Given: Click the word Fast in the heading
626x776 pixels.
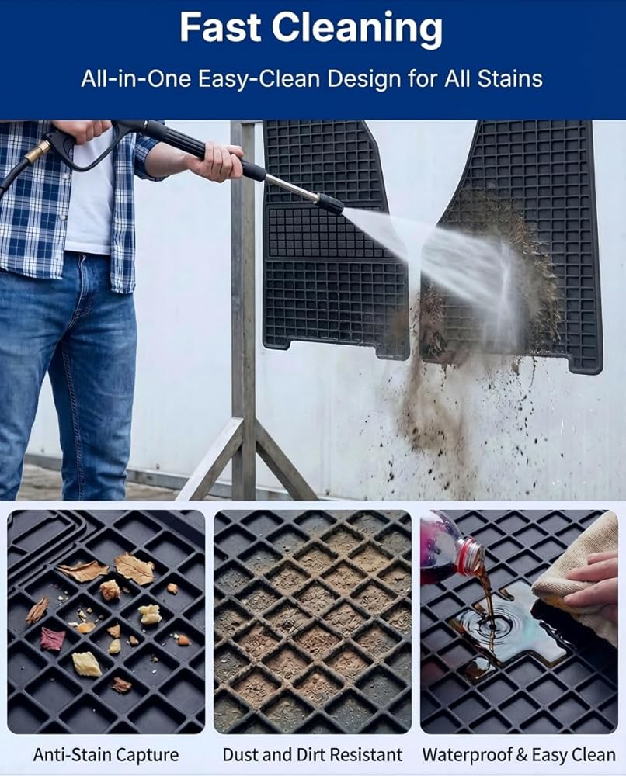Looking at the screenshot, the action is [220, 27].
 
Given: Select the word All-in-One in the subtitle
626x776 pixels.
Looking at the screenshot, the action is [136, 79].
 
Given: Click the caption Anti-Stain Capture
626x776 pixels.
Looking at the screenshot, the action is [106, 755].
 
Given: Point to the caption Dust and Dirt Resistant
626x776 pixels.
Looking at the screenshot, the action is [312, 755].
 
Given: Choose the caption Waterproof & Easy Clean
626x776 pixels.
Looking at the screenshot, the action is [519, 755].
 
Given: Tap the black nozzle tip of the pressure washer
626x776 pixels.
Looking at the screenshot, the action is [330, 203].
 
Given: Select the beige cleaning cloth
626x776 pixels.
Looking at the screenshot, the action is [575, 569].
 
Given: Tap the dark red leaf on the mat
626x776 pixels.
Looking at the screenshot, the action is [53, 639].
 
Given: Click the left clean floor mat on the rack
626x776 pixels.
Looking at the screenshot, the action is [333, 237].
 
